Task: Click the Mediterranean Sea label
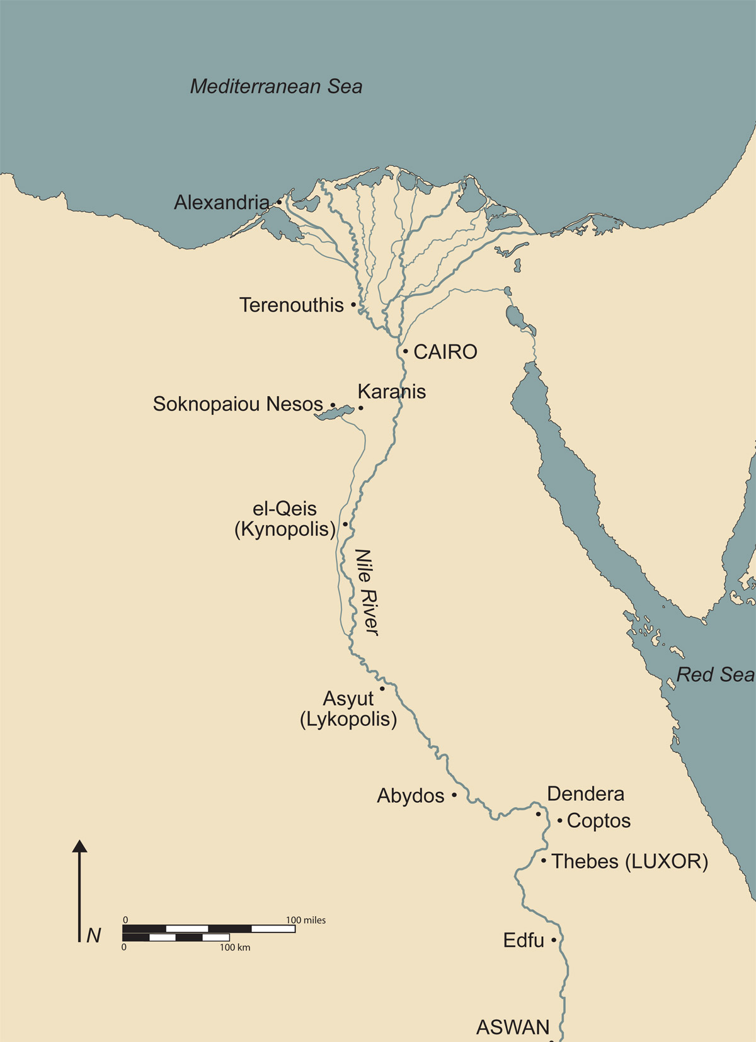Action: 276,86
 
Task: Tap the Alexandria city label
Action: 221,202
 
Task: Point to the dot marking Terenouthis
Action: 353,305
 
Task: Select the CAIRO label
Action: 445,352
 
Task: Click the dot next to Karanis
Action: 361,408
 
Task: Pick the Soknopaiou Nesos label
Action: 238,404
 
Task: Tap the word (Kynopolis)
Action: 285,529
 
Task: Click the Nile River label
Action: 367,592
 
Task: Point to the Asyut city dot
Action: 382,689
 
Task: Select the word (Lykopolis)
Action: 348,719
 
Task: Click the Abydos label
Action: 411,796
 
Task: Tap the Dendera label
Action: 585,794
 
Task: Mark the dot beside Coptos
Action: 559,820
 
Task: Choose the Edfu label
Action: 524,940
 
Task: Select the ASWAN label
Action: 513,1028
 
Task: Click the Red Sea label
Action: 715,675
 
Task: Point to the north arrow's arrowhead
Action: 79,846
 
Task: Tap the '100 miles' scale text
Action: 306,920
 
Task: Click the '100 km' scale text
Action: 234,948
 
